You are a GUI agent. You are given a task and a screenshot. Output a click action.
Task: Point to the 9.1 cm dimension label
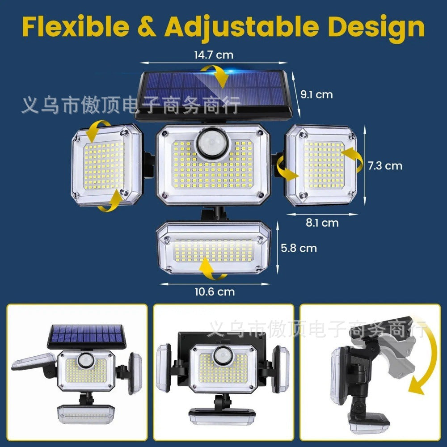316,94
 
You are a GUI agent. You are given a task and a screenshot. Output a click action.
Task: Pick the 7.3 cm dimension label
385,166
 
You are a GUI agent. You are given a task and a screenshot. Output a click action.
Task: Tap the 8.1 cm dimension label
322,222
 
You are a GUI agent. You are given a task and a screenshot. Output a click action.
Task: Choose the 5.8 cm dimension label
299,248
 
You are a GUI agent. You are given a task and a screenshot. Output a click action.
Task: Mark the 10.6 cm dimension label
215,292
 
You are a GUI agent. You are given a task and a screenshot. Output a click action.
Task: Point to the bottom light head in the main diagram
214,248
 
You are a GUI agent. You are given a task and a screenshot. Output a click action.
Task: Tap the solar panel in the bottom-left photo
87,335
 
